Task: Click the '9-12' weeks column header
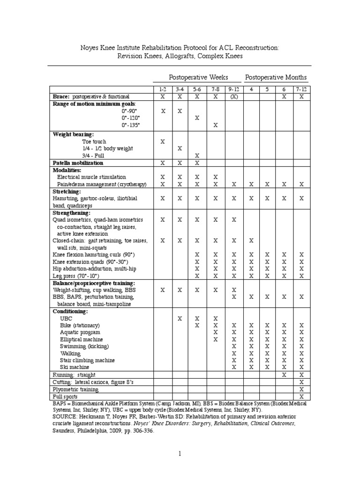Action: click(x=233, y=89)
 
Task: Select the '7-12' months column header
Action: click(x=301, y=89)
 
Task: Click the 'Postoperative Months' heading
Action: click(x=276, y=77)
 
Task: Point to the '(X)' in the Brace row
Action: click(x=233, y=96)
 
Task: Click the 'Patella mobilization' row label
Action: click(x=78, y=163)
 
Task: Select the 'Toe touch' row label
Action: click(x=94, y=141)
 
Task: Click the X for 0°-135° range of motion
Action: click(x=215, y=125)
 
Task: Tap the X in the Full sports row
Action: click(x=301, y=397)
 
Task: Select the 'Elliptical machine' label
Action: click(x=82, y=339)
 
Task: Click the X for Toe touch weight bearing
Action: click(x=163, y=141)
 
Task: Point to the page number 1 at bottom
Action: click(x=180, y=454)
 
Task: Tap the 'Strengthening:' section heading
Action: click(x=72, y=212)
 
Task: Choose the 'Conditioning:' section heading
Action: click(x=70, y=311)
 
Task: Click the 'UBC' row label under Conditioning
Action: click(x=66, y=318)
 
